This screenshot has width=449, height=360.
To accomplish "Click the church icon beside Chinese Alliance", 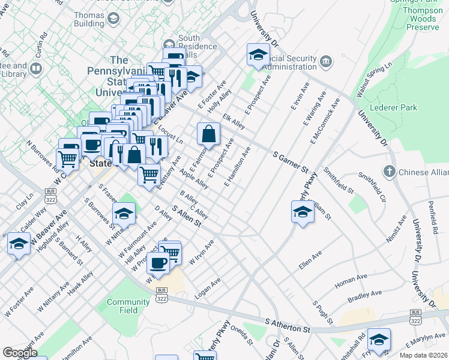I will pos(390,172).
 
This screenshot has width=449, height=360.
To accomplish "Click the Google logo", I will pos(20,353).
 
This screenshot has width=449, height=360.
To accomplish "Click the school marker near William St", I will pos(303,212).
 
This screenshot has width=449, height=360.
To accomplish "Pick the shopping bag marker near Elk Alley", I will pos(208,133).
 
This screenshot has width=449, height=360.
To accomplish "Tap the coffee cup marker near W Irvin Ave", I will pos(158,263).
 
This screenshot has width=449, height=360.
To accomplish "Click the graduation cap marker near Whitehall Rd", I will pos(379,340).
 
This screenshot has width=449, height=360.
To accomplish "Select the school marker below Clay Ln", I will pos(19,244).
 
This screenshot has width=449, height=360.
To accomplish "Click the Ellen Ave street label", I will pos(310,261).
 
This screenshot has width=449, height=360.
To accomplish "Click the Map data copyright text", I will pos(424,355).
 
